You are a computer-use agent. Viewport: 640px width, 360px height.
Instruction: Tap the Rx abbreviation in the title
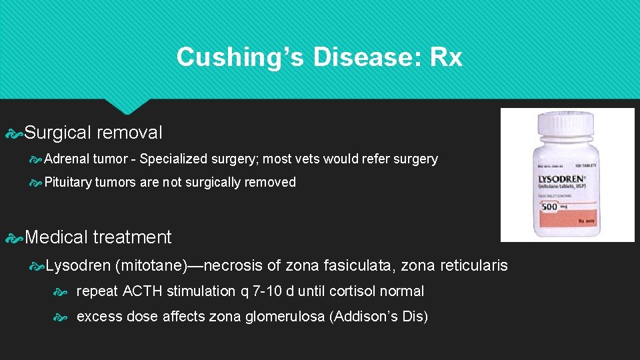click(x=446, y=57)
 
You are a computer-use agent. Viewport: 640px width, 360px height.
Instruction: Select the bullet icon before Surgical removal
click(x=14, y=133)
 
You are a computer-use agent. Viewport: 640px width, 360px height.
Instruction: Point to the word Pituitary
click(x=69, y=182)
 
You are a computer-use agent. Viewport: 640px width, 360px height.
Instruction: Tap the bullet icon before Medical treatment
click(x=14, y=237)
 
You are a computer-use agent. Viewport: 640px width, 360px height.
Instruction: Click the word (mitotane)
click(x=149, y=265)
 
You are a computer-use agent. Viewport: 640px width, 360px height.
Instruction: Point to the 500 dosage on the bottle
click(x=549, y=207)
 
